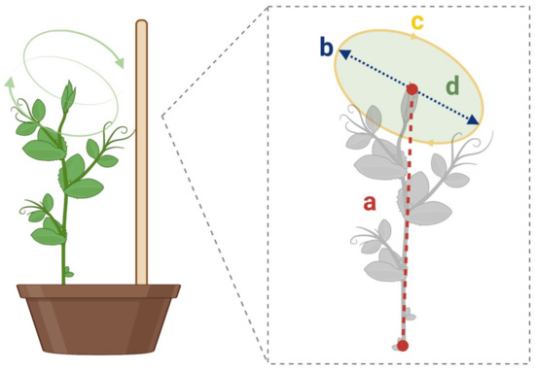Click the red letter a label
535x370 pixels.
pos(369,202)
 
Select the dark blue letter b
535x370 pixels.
pos(327,48)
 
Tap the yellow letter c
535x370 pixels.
pos(415,20)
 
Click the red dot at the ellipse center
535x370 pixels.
pos(412,89)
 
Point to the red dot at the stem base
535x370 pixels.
pos(403,345)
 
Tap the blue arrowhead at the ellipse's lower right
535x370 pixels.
pos(474,120)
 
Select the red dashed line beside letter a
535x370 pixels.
pos(408,214)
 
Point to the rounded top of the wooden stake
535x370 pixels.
pos(141,23)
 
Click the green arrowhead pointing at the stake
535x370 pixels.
pos(121,63)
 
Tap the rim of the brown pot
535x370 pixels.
pos(98,290)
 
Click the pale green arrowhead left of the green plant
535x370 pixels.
pos(11,83)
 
